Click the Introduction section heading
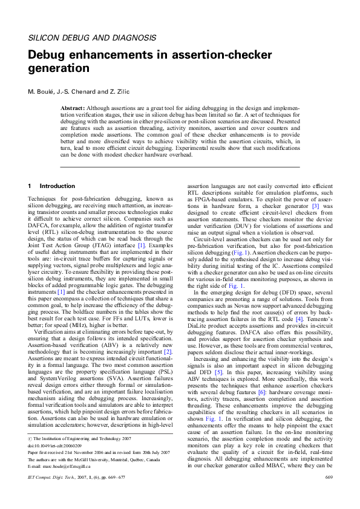[57, 186]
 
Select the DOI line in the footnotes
[54, 462]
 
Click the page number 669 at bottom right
[329, 494]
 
